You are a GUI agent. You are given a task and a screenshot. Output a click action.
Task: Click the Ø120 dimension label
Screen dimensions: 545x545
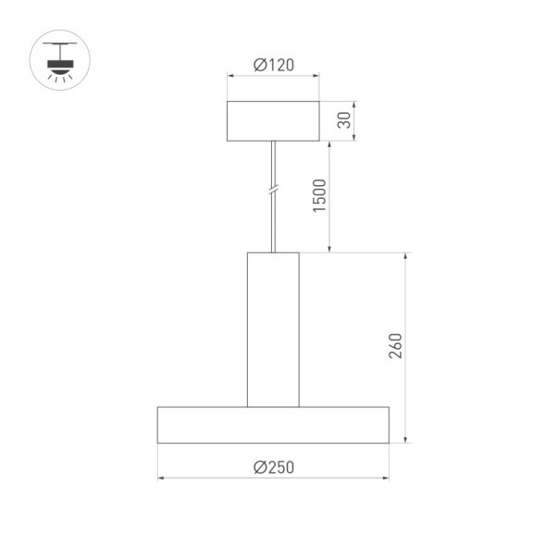273,65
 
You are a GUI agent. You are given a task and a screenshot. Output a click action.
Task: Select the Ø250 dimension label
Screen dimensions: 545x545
273,467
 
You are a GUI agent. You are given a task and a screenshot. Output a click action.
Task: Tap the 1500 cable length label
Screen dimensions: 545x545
319,195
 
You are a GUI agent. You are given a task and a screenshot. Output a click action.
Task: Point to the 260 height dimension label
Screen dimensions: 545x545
395,346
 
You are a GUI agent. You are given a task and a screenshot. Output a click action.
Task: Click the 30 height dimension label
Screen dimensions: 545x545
344,120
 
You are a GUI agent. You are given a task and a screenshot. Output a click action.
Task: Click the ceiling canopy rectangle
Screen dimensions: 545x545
273,121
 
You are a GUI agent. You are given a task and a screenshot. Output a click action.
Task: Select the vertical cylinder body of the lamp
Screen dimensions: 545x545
273,328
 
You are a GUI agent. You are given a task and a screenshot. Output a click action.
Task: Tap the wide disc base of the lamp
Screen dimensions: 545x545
273,424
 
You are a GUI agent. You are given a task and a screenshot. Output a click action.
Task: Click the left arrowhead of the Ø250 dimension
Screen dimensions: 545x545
161,478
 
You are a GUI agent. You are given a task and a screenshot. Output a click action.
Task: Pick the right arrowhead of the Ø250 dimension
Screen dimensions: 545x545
385,478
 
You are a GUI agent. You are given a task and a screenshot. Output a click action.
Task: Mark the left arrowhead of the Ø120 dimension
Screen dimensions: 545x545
230,77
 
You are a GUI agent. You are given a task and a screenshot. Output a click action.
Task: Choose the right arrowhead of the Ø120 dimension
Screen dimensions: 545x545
316,77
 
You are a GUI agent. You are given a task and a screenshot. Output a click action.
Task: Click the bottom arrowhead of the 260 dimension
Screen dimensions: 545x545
405,439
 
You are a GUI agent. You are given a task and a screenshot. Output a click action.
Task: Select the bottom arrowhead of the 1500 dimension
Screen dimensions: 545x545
330,248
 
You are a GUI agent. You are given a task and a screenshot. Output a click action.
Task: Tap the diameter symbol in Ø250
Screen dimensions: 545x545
260,467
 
